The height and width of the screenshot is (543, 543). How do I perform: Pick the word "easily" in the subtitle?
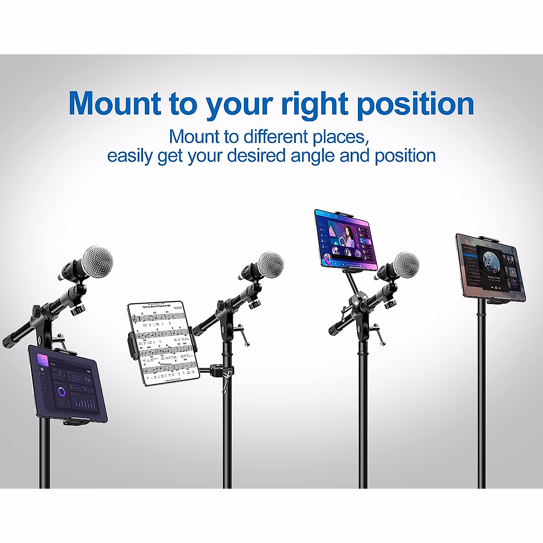tap(130, 156)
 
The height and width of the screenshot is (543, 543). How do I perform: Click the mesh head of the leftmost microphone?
tap(97, 262)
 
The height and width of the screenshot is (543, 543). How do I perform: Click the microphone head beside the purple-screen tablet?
tap(406, 266)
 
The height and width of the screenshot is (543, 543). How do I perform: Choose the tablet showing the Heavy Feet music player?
tap(491, 268)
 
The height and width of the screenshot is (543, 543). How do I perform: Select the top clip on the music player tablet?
tap(488, 238)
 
